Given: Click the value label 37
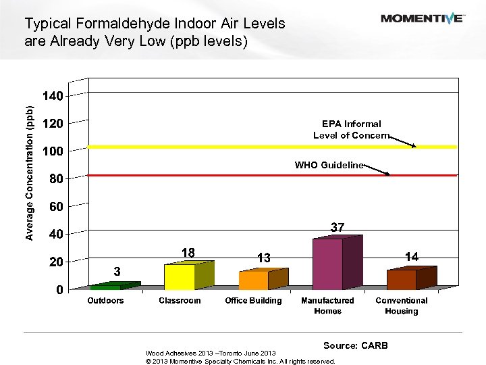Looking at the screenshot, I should pyautogui.click(x=337, y=228).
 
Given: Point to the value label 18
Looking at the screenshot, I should pyautogui.click(x=188, y=252).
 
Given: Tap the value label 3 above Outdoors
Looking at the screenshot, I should pyautogui.click(x=117, y=271).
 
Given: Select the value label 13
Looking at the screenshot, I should pyautogui.click(x=263, y=258).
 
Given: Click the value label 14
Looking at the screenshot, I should pyautogui.click(x=412, y=256).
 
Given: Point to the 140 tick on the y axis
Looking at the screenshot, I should pyautogui.click(x=53, y=96).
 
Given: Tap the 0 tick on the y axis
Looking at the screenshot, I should pyautogui.click(x=59, y=289).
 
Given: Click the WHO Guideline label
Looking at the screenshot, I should pyautogui.click(x=329, y=165).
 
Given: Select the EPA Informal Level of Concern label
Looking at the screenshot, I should pyautogui.click(x=351, y=129).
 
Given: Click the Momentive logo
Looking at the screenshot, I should pyautogui.click(x=422, y=18).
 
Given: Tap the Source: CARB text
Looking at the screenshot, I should pyautogui.click(x=356, y=345).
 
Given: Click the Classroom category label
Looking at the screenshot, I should pyautogui.click(x=180, y=301).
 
